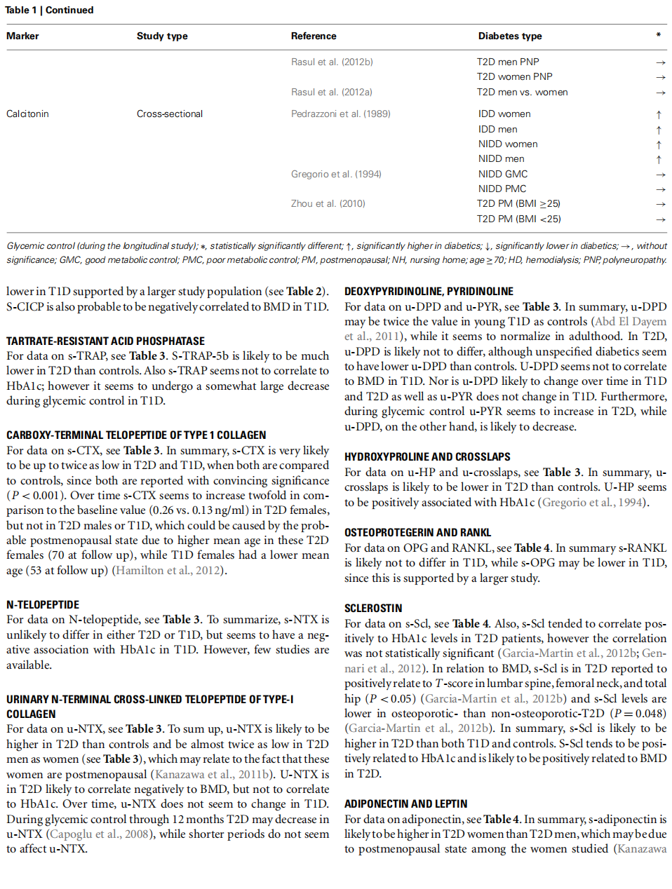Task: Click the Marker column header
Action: pos(22,36)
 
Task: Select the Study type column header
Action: pos(162,36)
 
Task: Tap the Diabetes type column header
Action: pos(510,36)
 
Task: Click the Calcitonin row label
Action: pos(27,114)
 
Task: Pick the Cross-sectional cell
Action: pos(170,114)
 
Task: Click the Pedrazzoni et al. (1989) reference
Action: pos(340,114)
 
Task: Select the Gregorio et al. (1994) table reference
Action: pos(336,175)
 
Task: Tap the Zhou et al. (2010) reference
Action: pos(328,204)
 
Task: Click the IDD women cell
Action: pos(504,114)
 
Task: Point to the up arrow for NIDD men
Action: pos(659,160)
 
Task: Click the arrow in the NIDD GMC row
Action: pos(660,175)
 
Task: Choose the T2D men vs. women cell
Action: pos(522,93)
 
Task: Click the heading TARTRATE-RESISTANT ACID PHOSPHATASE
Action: pos(106,341)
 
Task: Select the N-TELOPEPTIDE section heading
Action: pos(43,605)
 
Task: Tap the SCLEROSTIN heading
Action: pos(373,609)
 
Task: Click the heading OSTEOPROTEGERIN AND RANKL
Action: pos(417,533)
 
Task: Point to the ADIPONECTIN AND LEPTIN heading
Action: pos(405,804)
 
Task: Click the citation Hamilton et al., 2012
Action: pos(168,571)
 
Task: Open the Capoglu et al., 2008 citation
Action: pos(97,834)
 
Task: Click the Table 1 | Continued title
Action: pos(50,11)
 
